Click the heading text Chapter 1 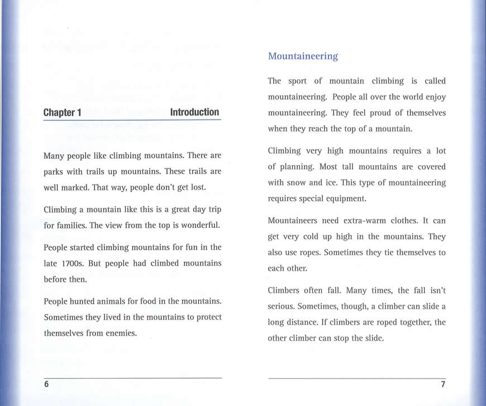click(63, 112)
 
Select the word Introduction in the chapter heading click(194, 112)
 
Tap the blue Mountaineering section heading click(303, 56)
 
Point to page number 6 click(46, 384)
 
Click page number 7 click(442, 384)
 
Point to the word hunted click(83, 302)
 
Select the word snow click(301, 182)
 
